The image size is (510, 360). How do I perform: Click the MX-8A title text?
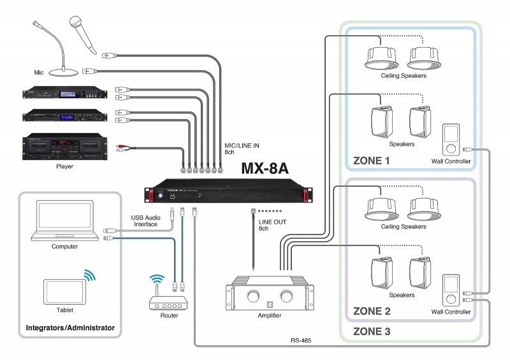click(x=265, y=169)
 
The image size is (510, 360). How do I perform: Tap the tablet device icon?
click(x=64, y=291)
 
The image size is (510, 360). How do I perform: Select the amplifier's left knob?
click(x=251, y=296)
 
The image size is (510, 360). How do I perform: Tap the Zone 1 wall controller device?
click(x=451, y=140)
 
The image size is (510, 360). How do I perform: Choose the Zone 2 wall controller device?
click(x=451, y=291)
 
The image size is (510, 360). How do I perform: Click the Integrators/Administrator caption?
click(x=69, y=328)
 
